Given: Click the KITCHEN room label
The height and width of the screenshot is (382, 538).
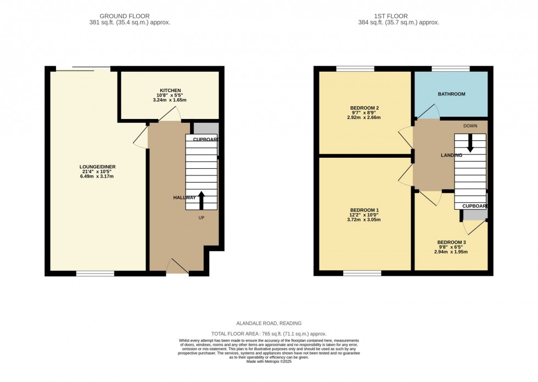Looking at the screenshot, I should [170, 90].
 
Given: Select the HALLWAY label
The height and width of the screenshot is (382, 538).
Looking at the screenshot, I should [184, 197].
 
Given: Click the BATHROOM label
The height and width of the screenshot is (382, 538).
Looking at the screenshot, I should [451, 94].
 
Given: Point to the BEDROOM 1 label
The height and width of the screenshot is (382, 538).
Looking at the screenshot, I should [365, 210].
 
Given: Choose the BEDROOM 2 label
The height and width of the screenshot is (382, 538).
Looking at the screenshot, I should [365, 107].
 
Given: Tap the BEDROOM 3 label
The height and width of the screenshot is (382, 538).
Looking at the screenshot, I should [452, 242].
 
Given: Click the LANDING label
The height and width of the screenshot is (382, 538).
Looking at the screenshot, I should [451, 156].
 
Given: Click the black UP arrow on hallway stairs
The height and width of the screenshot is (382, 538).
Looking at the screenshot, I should [201, 200].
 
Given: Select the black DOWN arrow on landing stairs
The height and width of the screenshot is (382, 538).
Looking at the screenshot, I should [470, 144].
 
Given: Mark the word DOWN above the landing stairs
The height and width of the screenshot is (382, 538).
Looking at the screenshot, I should [470, 126].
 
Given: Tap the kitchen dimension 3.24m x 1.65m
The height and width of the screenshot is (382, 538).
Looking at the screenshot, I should [170, 100].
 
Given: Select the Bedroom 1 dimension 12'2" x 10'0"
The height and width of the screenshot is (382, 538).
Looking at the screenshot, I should [365, 215].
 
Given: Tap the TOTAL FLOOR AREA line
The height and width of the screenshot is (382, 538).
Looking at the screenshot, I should [269, 333].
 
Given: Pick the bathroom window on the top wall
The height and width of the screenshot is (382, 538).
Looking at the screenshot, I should [450, 69].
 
